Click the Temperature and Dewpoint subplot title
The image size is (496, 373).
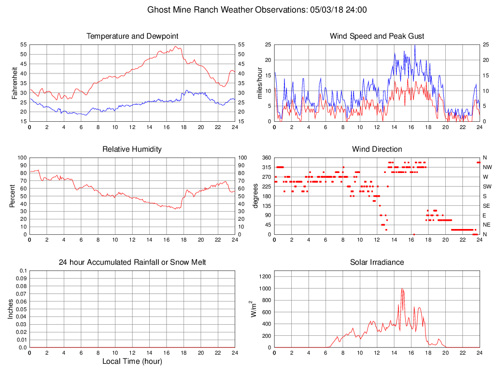132,36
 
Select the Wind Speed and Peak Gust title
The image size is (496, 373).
377,36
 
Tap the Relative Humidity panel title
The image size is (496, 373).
132,149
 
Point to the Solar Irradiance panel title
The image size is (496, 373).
377,262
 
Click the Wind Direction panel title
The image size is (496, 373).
377,149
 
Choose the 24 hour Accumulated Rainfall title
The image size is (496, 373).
132,262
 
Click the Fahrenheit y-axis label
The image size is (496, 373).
15,83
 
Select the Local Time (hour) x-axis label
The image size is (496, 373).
132,361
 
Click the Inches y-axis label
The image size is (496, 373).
11,309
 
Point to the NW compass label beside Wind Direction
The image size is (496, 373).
487,167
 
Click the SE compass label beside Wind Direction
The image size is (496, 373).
487,205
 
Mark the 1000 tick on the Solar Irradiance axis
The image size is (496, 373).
265,288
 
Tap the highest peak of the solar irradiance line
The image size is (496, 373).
402,288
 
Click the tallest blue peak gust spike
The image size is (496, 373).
414,45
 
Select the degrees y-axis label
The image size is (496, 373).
255,196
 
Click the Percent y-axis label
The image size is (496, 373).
12,196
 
